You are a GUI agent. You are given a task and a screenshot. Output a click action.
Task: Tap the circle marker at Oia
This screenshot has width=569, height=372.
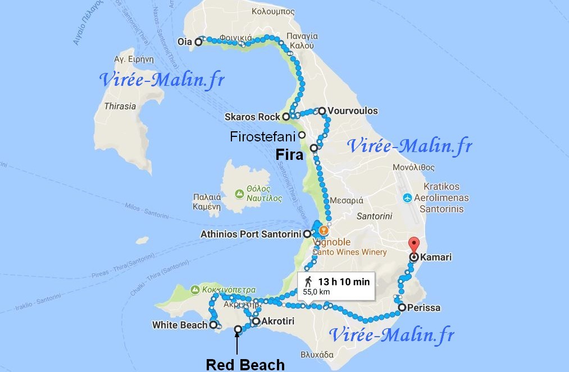(198, 41)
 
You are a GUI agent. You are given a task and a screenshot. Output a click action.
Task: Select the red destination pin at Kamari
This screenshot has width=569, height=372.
(414, 245)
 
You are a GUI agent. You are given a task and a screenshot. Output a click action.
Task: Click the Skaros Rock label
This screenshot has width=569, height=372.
(252, 117)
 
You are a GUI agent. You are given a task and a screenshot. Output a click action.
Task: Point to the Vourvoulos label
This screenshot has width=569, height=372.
(352, 111)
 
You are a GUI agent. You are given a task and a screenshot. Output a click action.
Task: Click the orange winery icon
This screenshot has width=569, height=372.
(323, 230)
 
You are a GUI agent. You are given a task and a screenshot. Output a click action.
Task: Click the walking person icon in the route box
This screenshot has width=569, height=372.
(308, 282)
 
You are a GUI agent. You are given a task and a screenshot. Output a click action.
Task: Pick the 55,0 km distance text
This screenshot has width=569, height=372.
(316, 292)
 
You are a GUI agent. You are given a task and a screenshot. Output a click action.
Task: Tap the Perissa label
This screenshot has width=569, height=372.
(426, 308)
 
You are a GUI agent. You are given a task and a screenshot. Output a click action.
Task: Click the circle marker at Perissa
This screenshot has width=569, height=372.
(402, 307)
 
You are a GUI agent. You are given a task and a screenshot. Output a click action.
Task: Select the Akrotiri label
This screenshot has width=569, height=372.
(276, 322)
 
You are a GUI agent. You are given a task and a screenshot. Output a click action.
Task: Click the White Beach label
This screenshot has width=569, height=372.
(180, 325)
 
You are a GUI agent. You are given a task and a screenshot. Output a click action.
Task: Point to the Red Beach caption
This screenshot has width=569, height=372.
(245, 365)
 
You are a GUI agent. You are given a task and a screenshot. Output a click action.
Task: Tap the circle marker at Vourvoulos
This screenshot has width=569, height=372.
(322, 111)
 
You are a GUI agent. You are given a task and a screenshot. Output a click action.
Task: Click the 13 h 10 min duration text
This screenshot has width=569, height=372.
(344, 282)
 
